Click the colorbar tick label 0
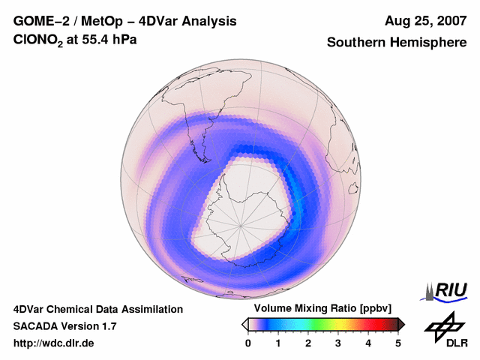point(248,343)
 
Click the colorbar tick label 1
point(278,343)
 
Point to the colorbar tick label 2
point(308,343)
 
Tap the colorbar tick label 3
point(338,343)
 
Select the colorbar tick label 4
point(368,343)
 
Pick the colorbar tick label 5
point(398,343)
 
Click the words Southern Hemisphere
point(397,43)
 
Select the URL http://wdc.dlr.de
point(54,343)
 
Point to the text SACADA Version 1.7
point(64,326)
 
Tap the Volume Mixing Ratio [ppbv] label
point(319,308)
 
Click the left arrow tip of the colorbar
point(244,323)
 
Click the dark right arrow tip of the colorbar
point(403,323)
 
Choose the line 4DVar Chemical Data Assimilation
point(97,309)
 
